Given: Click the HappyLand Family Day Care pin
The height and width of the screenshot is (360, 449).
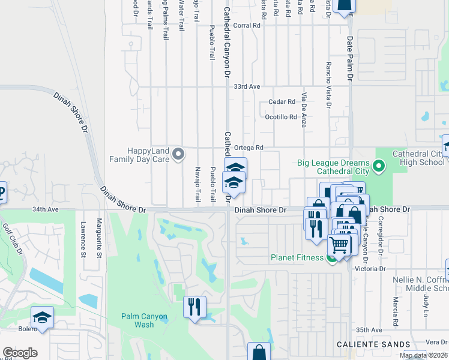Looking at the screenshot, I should (x=178, y=155).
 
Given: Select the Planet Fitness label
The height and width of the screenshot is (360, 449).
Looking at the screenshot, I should (x=296, y=259).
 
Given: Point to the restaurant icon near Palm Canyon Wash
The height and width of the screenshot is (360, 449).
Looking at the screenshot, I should (x=194, y=307).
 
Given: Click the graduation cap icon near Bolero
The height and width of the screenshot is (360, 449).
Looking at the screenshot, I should (x=42, y=318).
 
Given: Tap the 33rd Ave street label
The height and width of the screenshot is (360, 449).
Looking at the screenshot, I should (x=247, y=87).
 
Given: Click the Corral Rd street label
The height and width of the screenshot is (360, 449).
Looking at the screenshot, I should (x=247, y=26).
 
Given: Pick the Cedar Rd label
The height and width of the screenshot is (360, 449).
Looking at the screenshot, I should (x=282, y=102).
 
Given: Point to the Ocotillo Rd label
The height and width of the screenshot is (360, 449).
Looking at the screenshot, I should (x=281, y=117).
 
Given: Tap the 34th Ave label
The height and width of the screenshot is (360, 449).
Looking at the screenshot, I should (x=46, y=210).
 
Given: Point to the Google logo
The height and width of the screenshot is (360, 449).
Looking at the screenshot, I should (x=20, y=353).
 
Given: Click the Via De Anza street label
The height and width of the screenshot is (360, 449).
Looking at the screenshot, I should (x=304, y=111).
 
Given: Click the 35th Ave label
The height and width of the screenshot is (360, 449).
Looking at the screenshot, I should (x=369, y=331).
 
